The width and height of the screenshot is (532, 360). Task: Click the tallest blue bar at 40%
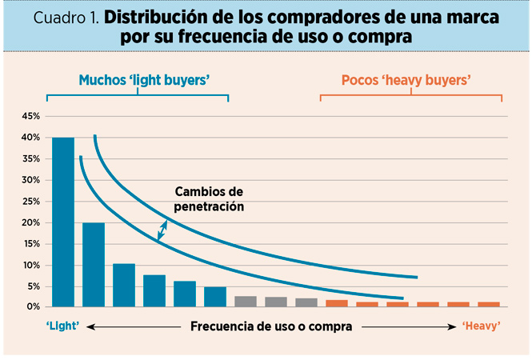[x=63, y=222]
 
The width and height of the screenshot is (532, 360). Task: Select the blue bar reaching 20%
[x=94, y=264]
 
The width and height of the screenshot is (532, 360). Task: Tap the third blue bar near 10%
[x=124, y=285]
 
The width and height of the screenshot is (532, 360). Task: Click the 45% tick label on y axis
[x=30, y=117]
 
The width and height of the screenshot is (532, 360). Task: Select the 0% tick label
[x=32, y=307]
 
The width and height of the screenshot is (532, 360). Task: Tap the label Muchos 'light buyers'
[x=137, y=80]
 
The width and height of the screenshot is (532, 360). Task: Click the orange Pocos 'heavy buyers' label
[x=405, y=80]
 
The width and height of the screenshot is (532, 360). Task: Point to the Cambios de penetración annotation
[x=209, y=199]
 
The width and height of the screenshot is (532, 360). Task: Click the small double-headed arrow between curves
[x=162, y=230]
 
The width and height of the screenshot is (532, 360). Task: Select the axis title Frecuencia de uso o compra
[x=271, y=326]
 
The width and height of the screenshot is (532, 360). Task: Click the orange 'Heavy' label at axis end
[x=481, y=326]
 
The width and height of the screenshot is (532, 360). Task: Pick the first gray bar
[x=246, y=302]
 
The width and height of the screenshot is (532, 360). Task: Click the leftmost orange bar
[x=337, y=303]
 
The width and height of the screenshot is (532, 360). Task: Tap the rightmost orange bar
[x=489, y=304]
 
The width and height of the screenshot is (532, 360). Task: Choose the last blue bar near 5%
[x=215, y=296]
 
